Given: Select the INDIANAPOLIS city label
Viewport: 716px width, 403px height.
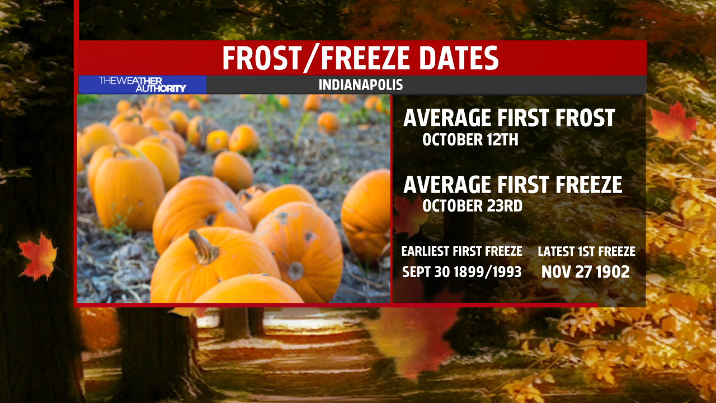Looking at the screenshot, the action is pyautogui.click(x=361, y=85).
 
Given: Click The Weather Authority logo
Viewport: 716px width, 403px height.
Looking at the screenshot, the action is pyautogui.click(x=143, y=85).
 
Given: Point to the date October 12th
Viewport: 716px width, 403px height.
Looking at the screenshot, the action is pyautogui.click(x=470, y=140).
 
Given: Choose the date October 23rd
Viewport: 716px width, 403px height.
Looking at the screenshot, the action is pyautogui.click(x=473, y=206).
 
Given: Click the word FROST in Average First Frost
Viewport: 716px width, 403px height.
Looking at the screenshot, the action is pyautogui.click(x=585, y=118).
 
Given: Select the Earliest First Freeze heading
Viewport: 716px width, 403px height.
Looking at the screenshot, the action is pyautogui.click(x=462, y=251).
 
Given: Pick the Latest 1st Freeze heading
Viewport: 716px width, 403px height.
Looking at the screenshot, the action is pyautogui.click(x=587, y=251).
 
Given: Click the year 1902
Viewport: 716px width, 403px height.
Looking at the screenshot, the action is pyautogui.click(x=613, y=272).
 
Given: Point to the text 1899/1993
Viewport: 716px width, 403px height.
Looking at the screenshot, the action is pyautogui.click(x=487, y=272).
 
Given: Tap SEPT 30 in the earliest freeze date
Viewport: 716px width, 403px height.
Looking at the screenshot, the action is pyautogui.click(x=426, y=272).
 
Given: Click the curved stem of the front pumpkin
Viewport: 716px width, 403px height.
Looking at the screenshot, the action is pyautogui.click(x=203, y=247).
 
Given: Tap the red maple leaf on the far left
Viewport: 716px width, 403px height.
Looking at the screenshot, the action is pyautogui.click(x=37, y=256).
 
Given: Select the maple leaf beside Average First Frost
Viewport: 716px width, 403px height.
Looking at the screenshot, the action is pyautogui.click(x=673, y=123).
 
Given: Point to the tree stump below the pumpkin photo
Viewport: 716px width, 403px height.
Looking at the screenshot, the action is pyautogui.click(x=157, y=352).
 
